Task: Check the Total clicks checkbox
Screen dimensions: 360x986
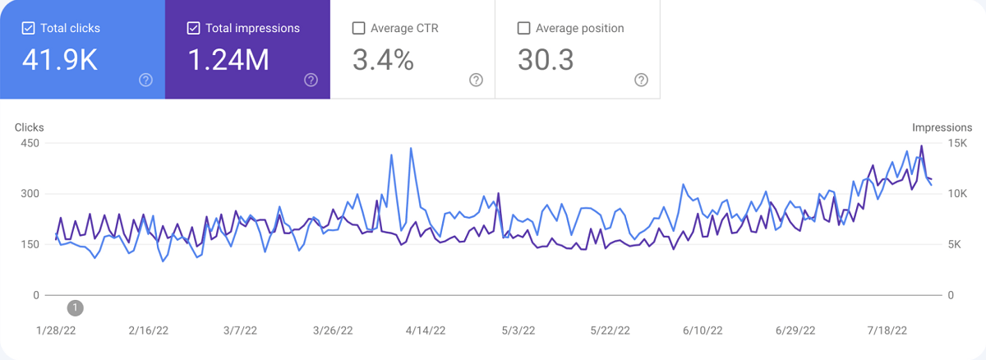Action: (28, 28)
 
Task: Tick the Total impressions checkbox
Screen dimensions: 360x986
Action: (193, 28)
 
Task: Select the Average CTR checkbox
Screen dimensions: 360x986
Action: (358, 28)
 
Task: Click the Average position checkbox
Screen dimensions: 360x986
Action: (523, 28)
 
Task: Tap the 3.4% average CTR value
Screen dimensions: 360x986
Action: (383, 60)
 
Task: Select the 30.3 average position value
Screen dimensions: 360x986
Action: (546, 60)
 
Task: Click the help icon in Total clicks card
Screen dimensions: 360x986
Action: (145, 80)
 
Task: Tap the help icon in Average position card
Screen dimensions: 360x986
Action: (641, 80)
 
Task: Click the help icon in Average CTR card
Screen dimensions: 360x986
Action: (476, 80)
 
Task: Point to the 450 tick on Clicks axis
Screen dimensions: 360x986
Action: (30, 144)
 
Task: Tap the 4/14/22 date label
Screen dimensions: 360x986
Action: (426, 330)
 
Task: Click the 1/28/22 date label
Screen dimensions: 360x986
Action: (56, 330)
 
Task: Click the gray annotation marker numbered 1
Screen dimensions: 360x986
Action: (75, 308)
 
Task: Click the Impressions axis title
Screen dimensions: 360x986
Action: (942, 127)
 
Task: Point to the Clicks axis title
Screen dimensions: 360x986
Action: (30, 127)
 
